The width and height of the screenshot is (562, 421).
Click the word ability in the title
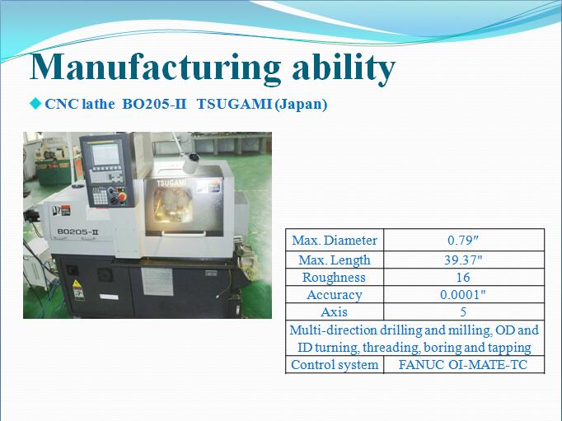(344, 68)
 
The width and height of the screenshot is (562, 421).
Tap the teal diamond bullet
(35, 104)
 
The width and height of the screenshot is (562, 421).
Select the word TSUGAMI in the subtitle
(234, 104)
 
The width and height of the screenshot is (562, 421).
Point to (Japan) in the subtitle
(301, 105)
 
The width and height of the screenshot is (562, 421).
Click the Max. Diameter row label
(335, 240)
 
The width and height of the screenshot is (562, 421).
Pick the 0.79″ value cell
(463, 240)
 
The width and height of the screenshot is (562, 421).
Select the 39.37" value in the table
(463, 260)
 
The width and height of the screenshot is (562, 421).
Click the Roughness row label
(334, 278)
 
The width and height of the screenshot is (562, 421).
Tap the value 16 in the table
(463, 278)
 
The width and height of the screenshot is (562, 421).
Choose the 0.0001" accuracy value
(463, 294)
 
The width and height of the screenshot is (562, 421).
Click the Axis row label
(334, 312)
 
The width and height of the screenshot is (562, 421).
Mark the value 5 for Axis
(463, 312)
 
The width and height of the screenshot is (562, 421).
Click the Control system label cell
(335, 365)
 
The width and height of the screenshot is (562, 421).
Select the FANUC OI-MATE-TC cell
(463, 365)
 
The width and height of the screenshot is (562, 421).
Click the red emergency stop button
(122, 198)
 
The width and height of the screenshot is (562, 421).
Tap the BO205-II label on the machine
(77, 232)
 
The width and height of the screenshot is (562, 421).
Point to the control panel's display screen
(105, 154)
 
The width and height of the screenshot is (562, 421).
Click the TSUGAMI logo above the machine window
(171, 183)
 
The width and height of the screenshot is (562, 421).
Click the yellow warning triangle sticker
(77, 284)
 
